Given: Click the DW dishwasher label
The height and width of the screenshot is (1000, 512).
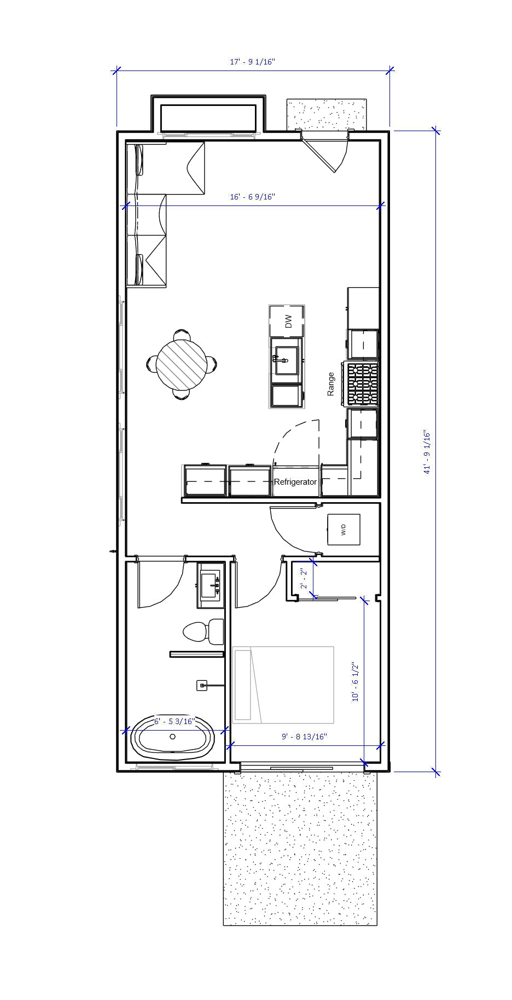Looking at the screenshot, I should tap(288, 321).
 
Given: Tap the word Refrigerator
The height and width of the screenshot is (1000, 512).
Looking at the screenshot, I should tap(295, 482).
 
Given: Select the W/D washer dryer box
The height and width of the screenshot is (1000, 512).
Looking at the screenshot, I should tap(344, 530).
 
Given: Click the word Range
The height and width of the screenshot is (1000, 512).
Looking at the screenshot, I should tap(331, 384).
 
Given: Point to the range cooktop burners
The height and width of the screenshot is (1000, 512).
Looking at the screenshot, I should tap(362, 384).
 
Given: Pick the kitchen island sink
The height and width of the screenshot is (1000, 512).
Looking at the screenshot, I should tap(286, 360).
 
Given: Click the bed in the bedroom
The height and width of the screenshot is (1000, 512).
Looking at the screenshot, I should tap(283, 685).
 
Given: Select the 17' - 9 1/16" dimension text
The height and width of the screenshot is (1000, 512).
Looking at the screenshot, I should tap(252, 62).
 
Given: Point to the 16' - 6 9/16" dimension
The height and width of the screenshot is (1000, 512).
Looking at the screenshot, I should tap(252, 197).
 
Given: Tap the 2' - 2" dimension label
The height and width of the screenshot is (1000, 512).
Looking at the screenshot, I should tap(303, 580).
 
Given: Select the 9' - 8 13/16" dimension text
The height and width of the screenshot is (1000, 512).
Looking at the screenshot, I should tap(304, 737).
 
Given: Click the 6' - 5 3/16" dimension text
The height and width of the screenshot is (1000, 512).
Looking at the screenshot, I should tap(174, 721).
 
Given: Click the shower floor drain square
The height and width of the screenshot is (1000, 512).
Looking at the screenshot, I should tap(202, 685).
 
